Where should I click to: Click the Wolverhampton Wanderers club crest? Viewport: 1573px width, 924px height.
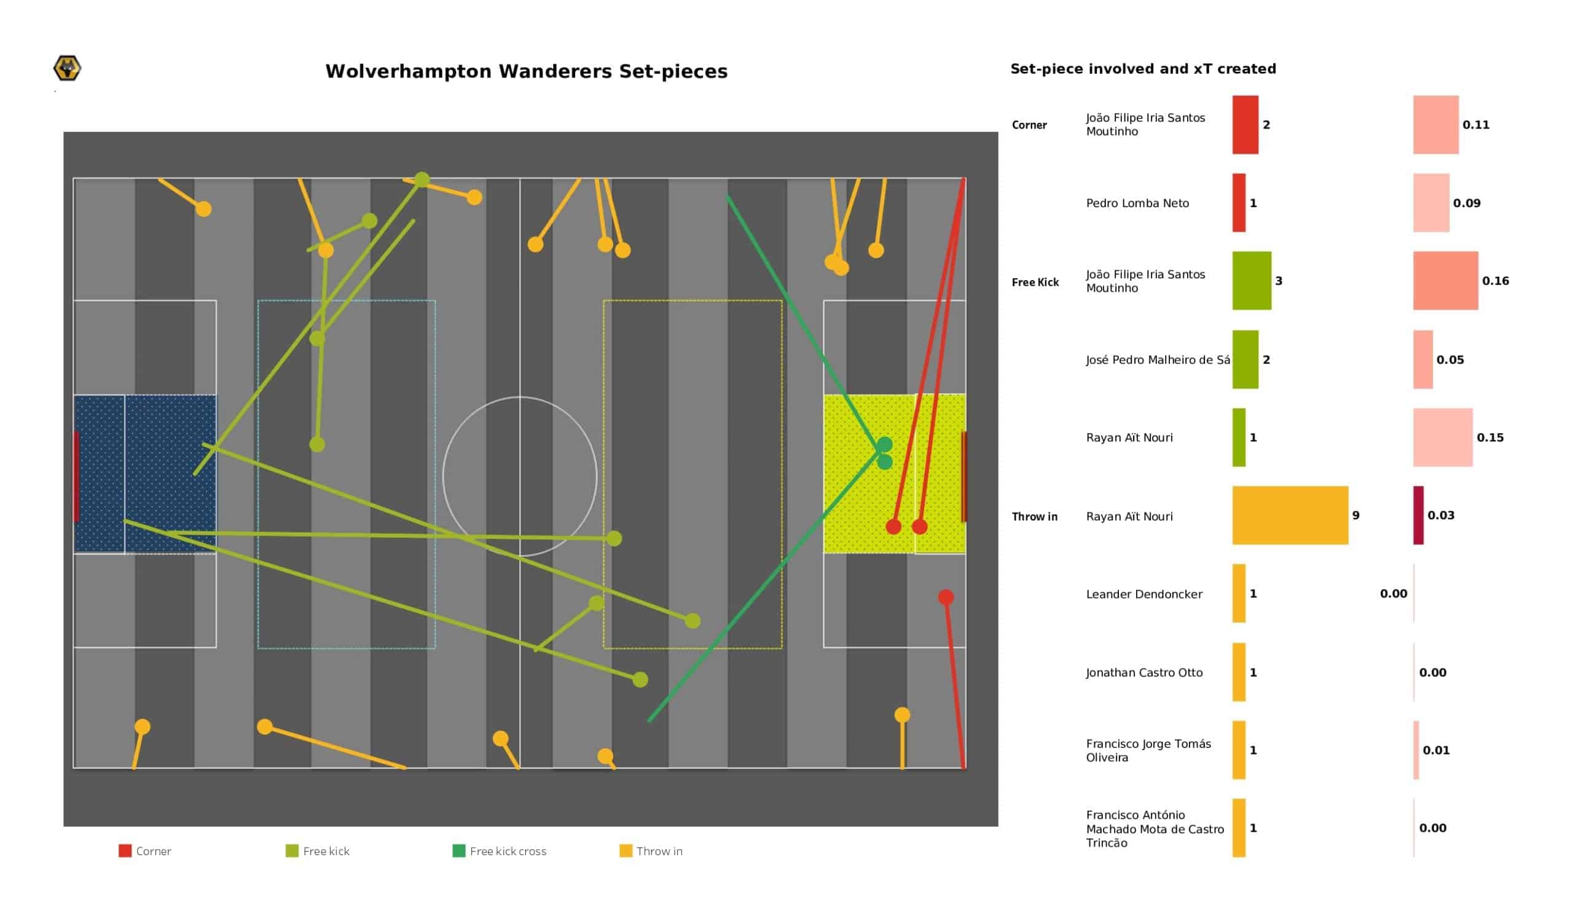(68, 68)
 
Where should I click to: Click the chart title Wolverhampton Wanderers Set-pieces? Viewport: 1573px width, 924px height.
(526, 71)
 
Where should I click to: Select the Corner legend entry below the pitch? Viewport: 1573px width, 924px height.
(145, 851)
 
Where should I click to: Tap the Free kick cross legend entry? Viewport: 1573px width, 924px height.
(500, 851)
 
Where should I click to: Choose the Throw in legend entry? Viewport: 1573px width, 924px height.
(651, 851)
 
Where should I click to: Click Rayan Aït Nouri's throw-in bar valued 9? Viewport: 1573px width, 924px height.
(1290, 515)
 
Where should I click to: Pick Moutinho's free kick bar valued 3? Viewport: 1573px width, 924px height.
(1252, 280)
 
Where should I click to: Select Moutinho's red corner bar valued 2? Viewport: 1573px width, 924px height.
(1245, 124)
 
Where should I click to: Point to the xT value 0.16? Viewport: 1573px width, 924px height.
(1496, 281)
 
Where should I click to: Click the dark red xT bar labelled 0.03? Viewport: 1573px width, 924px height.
(1418, 515)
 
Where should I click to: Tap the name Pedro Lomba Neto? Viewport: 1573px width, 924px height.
(1137, 203)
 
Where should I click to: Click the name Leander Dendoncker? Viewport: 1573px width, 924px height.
(1144, 593)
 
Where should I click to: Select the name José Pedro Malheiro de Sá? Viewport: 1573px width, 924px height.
(1158, 359)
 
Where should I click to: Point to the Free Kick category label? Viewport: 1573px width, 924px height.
(1035, 282)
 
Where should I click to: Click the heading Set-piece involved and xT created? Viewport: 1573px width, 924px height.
(1143, 69)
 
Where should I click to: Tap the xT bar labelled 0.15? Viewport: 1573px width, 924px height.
(1443, 437)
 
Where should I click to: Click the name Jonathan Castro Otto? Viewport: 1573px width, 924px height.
(1144, 672)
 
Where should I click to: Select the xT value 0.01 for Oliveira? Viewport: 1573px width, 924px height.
(1436, 750)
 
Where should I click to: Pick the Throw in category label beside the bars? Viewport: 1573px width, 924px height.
(1034, 516)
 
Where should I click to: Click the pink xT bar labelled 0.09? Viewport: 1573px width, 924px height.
(1431, 203)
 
